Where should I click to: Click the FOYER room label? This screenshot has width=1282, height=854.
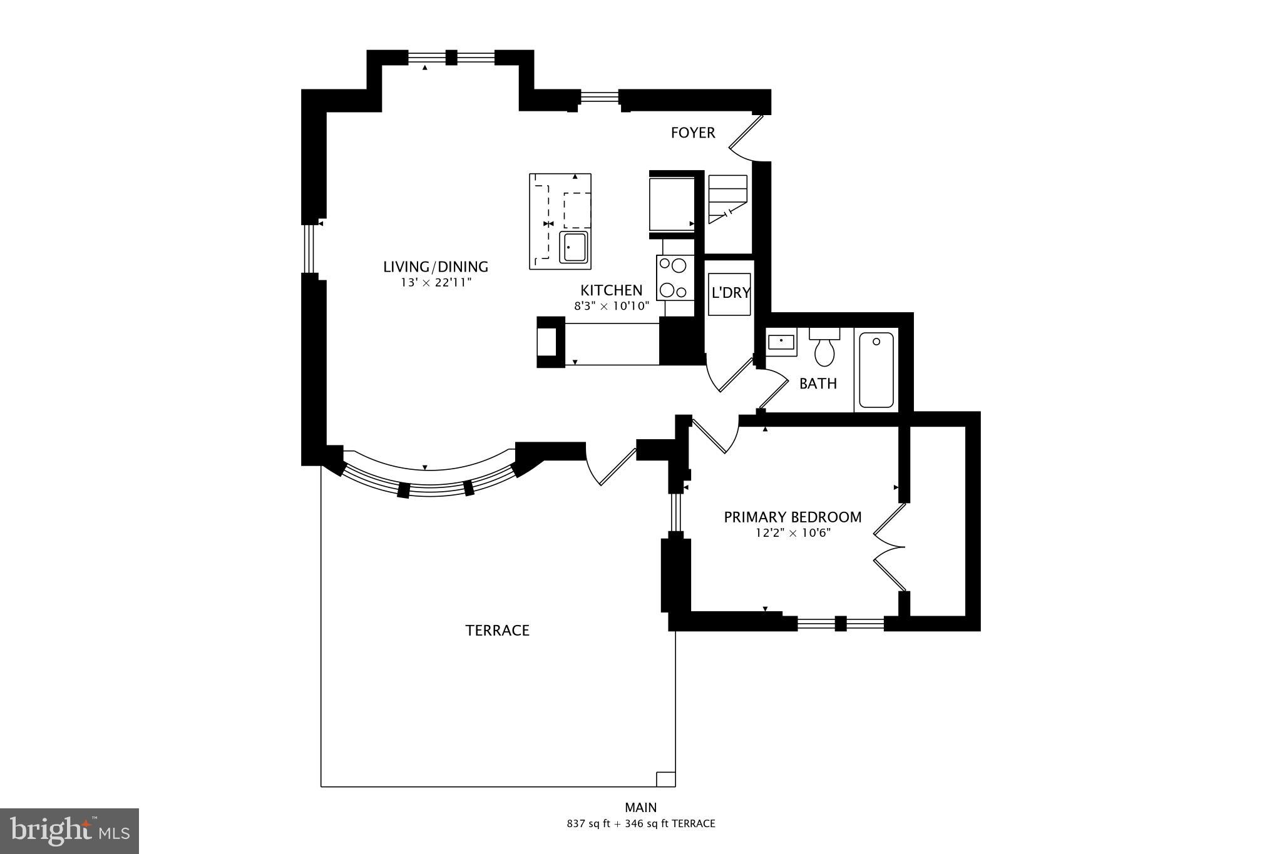click(x=692, y=133)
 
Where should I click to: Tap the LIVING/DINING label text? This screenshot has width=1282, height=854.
click(x=435, y=267)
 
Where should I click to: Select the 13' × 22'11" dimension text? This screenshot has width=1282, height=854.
click(x=435, y=283)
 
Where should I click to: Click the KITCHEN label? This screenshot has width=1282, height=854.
click(x=611, y=290)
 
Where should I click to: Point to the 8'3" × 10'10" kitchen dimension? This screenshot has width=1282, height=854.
click(x=612, y=307)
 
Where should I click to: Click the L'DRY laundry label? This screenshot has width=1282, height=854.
click(x=730, y=293)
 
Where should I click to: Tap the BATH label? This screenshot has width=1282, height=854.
click(x=818, y=384)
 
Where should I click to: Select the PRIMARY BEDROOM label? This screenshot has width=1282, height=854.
click(x=792, y=517)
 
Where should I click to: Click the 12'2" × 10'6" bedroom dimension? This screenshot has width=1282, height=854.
click(x=792, y=534)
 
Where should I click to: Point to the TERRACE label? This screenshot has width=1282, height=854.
click(x=497, y=631)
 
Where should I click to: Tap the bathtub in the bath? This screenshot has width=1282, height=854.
click(x=876, y=370)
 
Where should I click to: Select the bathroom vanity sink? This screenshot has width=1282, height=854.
click(x=781, y=342)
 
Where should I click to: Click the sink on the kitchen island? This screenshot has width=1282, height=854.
click(x=573, y=248)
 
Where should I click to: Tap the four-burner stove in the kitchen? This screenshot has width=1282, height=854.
click(x=674, y=278)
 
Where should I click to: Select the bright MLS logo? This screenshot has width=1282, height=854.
click(x=69, y=831)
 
